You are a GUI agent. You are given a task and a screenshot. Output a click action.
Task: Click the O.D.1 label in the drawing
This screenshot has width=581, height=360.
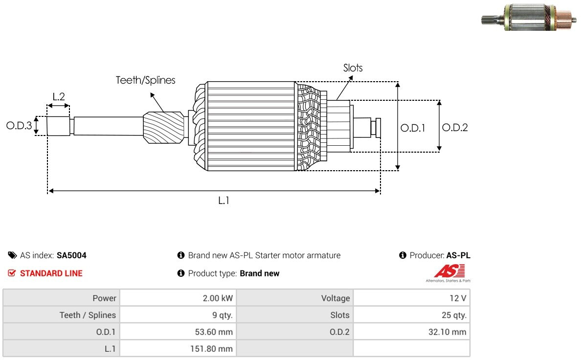pos(413,128)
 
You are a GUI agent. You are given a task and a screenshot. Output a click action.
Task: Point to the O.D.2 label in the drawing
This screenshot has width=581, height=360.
pos(455,128)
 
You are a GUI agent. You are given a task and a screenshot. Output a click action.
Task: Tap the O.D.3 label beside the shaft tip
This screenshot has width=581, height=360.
pos(19,125)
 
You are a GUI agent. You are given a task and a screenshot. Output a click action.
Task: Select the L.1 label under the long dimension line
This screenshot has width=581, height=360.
pos(223,201)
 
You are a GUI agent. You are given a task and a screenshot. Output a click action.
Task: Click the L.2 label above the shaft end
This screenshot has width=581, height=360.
pos(59,97)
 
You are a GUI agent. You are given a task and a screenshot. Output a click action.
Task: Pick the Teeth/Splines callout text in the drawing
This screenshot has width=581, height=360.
pos(146,80)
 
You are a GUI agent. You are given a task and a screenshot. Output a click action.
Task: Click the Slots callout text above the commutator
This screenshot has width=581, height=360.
pos(353,68)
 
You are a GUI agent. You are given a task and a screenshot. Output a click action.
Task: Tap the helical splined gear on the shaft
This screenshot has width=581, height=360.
pos(163,128)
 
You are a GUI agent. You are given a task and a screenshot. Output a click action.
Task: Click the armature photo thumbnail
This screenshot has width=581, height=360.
pos(529,17)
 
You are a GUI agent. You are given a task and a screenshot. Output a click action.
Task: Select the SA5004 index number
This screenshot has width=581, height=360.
pos(71,255)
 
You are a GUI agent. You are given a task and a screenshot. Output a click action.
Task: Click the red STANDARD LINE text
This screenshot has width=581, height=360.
pos(51,273)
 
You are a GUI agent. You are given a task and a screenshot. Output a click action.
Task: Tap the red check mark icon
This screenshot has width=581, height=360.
pos(12,273)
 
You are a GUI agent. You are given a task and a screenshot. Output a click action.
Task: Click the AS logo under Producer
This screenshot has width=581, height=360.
pos(449,273)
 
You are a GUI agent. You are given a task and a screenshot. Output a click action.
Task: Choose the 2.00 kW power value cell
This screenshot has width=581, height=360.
pos(178,298)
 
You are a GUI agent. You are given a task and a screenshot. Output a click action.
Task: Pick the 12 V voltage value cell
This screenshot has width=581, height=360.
pos(412,298)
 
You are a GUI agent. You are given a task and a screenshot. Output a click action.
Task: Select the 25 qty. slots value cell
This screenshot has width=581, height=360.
pos(412,315)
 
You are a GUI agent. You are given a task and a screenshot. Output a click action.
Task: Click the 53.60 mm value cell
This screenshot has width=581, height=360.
pos(178,332)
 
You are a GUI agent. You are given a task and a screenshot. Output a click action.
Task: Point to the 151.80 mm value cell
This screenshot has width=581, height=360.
pos(178,349)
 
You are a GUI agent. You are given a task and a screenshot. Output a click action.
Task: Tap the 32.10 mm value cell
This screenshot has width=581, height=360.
pos(412,332)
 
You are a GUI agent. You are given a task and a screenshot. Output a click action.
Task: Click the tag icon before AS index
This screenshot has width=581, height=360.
pos(12,255)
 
